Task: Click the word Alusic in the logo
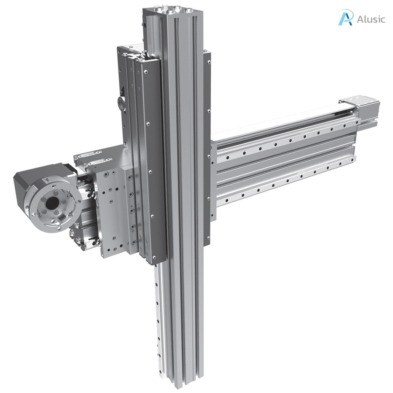pos(370,19)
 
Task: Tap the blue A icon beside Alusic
pos(345,18)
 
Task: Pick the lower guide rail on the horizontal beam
pos(284,180)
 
